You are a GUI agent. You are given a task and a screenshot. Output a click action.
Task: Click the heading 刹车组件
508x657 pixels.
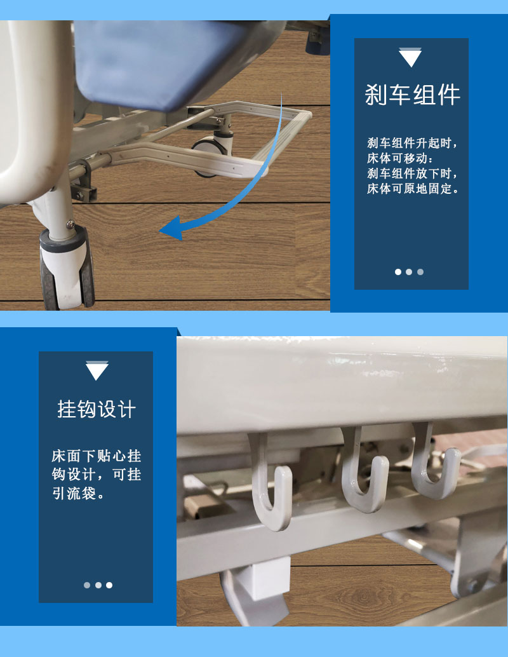411,95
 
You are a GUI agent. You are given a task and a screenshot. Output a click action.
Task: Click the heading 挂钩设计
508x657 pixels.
97,409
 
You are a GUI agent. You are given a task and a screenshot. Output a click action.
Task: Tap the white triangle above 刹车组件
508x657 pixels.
410,58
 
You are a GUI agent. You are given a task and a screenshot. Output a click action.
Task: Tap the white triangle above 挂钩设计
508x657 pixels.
97,371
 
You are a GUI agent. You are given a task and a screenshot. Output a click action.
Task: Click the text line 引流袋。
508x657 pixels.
77,493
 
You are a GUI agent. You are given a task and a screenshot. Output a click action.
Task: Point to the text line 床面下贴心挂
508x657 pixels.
97,456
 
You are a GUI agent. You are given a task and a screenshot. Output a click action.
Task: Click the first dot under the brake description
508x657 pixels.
398,272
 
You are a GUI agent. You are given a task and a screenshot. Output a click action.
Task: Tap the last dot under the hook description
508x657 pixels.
109,585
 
